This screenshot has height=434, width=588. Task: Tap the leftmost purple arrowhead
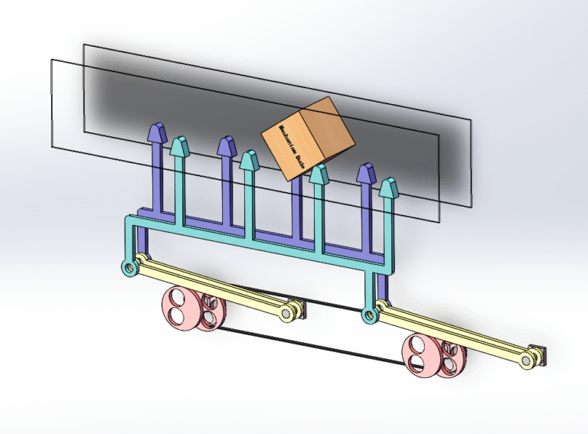click(158, 132)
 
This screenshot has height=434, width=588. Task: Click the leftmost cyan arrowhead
click(179, 145)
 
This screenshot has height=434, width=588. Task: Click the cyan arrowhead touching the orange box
click(318, 175)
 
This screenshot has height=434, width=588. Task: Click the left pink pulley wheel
click(181, 308)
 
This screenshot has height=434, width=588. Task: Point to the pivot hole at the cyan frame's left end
click(128, 267)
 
